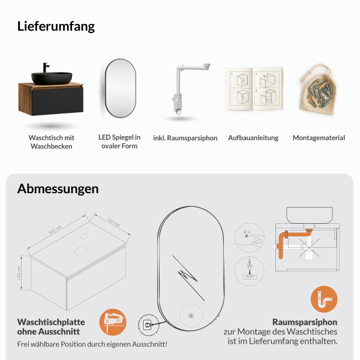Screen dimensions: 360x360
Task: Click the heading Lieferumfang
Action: (x=56, y=26)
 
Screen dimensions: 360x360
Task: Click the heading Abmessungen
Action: (x=58, y=188)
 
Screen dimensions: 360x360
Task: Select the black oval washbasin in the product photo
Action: (x=52, y=77)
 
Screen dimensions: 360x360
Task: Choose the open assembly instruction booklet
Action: (x=253, y=89)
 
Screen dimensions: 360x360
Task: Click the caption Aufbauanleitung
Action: (x=253, y=138)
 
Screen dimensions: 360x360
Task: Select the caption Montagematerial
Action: (x=319, y=138)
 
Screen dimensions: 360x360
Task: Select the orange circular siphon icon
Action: (x=324, y=299)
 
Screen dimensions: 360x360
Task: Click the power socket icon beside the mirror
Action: (x=147, y=325)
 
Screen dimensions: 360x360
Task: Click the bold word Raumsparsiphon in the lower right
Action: (x=305, y=322)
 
